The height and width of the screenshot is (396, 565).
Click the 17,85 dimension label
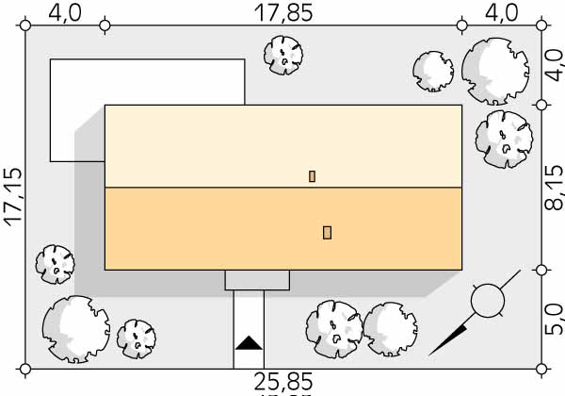click(283, 13)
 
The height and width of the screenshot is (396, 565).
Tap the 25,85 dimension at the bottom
click(283, 382)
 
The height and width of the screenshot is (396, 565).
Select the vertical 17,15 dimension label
click(13, 197)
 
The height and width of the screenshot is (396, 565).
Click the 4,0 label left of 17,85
click(65, 13)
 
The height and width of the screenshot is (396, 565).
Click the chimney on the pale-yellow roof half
click(312, 176)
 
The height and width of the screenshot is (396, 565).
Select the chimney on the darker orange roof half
click(327, 233)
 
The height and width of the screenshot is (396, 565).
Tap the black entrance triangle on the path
click(249, 343)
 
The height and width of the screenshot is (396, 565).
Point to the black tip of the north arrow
click(429, 355)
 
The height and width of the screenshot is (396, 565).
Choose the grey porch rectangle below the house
click(257, 280)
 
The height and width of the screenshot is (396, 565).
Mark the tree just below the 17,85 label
click(283, 56)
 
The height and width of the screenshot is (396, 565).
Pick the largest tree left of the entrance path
click(76, 329)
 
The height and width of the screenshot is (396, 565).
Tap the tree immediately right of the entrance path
click(334, 329)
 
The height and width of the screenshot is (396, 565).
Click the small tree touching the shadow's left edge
click(56, 264)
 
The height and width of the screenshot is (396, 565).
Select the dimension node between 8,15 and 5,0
click(541, 270)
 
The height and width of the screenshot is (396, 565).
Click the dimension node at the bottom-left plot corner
click(25, 369)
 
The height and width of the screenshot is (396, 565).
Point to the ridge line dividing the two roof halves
click(283, 188)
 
